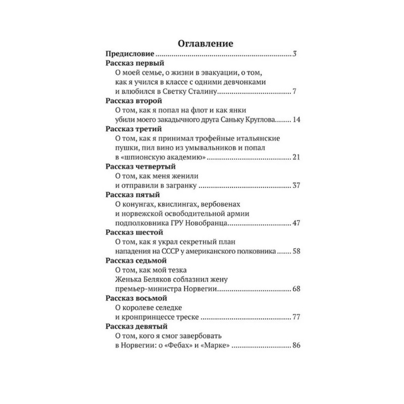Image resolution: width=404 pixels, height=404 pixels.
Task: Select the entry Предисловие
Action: [130, 54]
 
